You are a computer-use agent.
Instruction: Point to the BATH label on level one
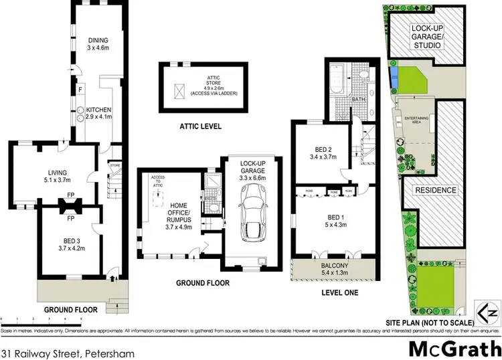tap(359, 100)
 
